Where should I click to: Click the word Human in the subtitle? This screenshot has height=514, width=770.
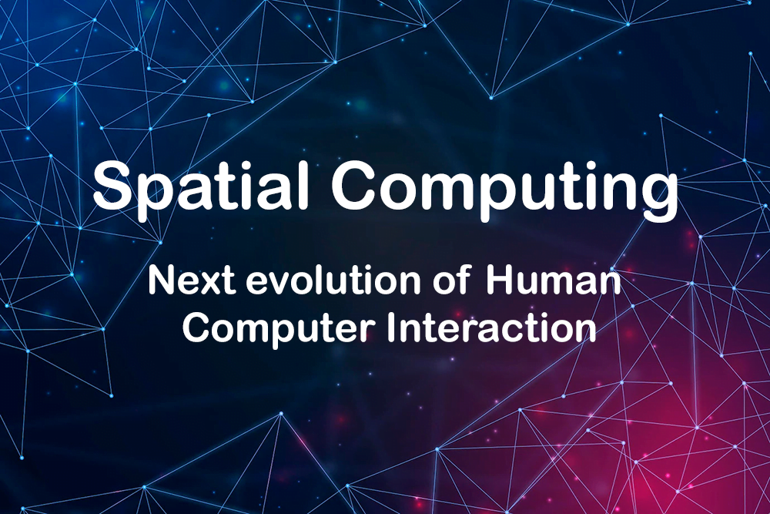tap(554, 281)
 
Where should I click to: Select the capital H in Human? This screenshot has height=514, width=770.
tap(500, 281)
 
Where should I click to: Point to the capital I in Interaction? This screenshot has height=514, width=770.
tap(390, 328)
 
